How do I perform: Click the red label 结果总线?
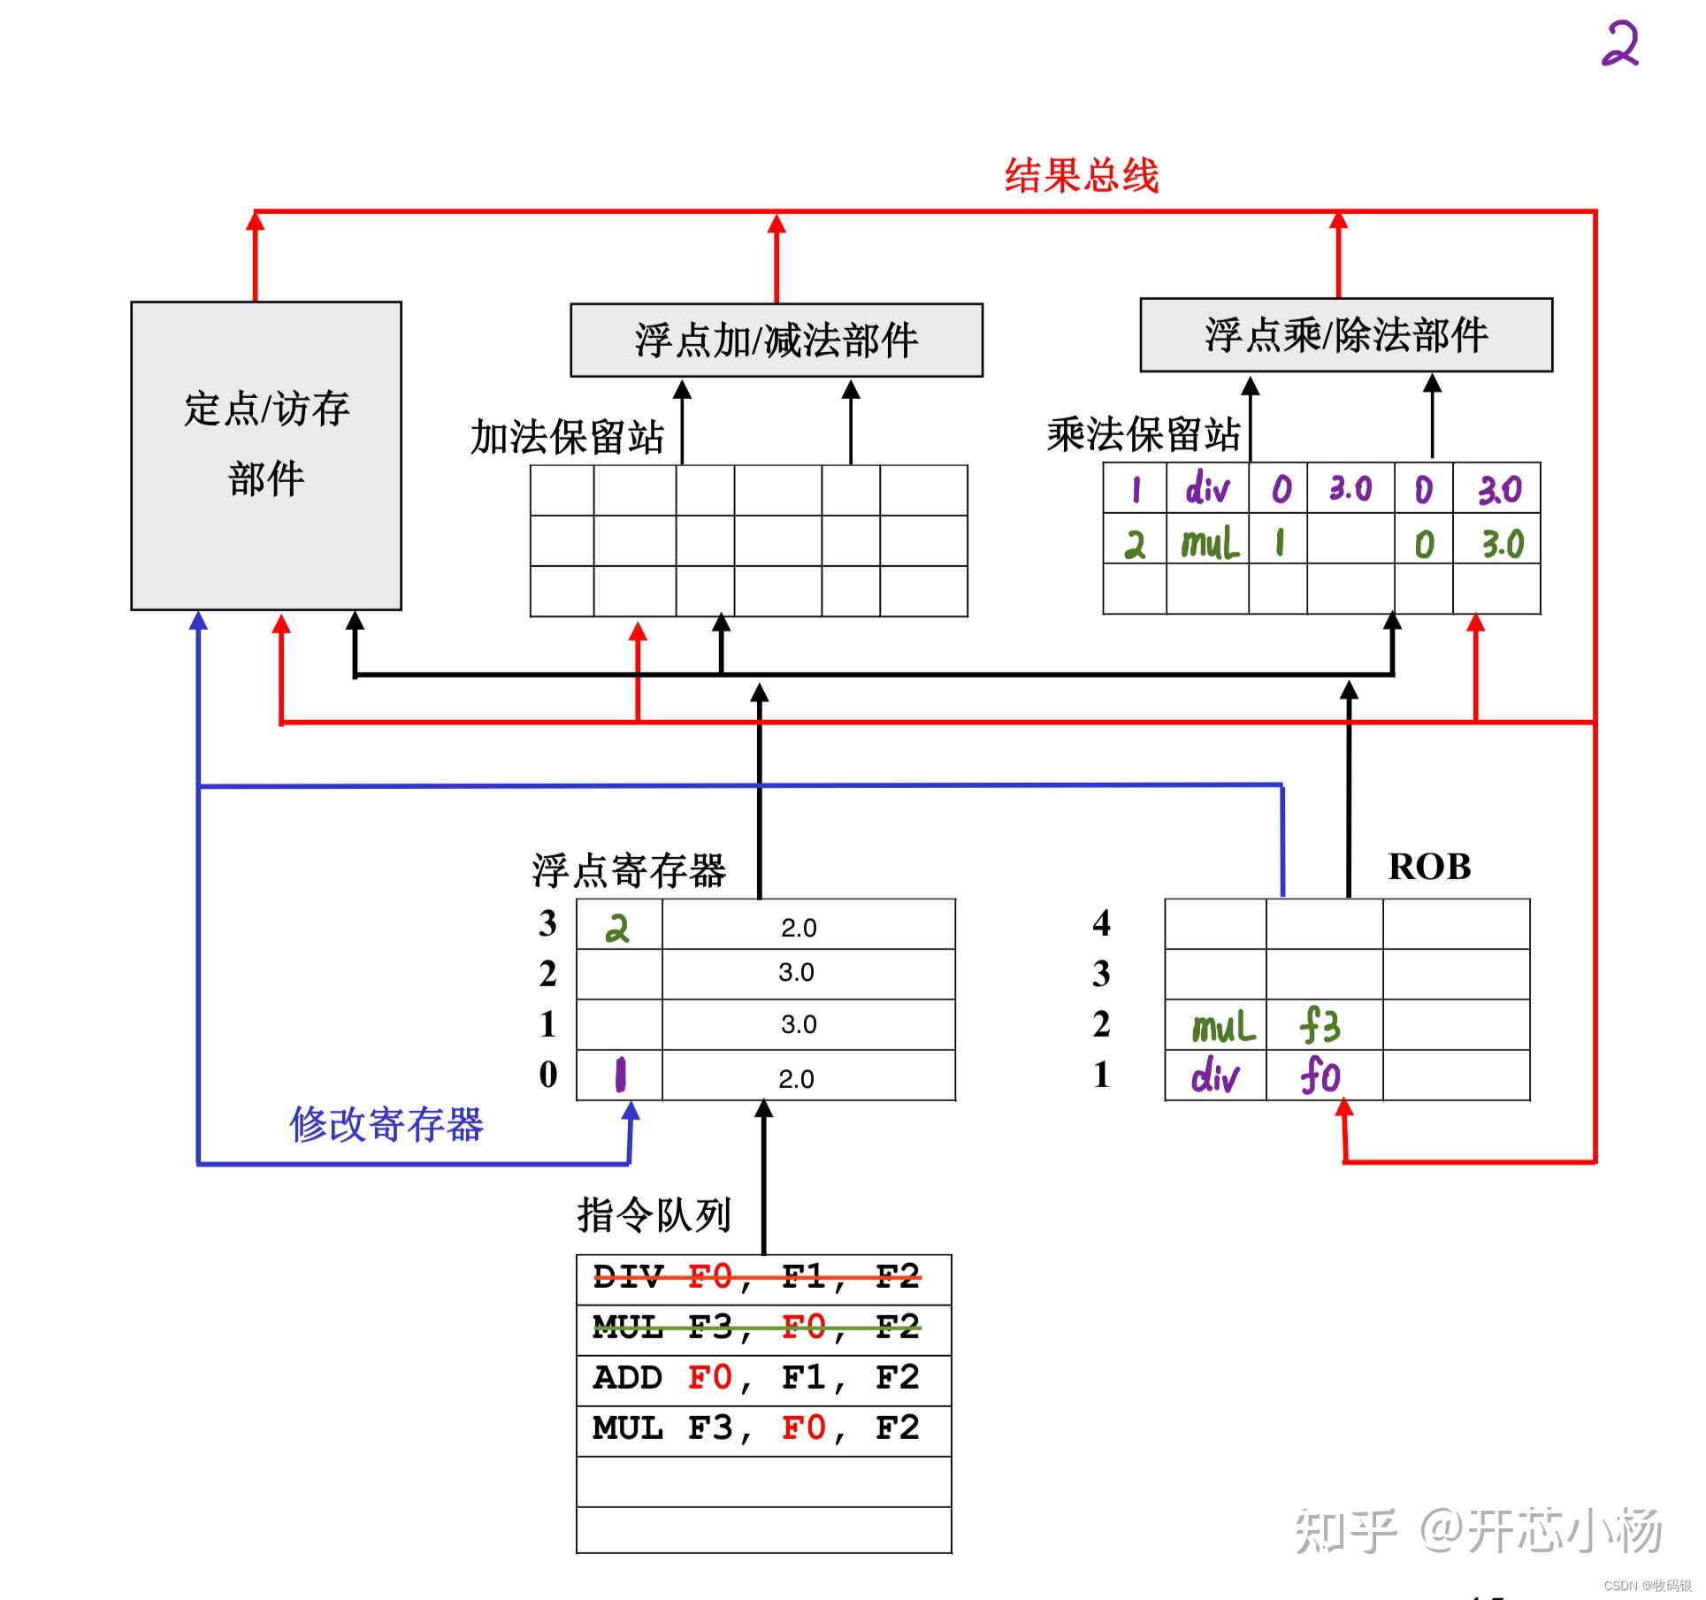pyautogui.click(x=1081, y=175)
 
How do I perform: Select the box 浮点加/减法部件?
pyautogui.click(x=776, y=341)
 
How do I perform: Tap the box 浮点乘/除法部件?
pyautogui.click(x=1345, y=335)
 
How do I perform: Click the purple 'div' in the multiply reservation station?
pyautogui.click(x=1207, y=488)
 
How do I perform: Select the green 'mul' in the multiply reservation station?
pyautogui.click(x=1209, y=543)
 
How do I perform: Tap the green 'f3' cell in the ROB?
pyautogui.click(x=1320, y=1026)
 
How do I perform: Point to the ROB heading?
pyautogui.click(x=1429, y=867)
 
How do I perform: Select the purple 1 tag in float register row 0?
pyautogui.click(x=620, y=1076)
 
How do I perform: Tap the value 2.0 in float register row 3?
pyautogui.click(x=799, y=928)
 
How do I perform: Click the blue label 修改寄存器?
pyautogui.click(x=386, y=1125)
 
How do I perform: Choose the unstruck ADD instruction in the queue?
pyautogui.click(x=756, y=1378)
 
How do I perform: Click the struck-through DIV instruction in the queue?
pyautogui.click(x=756, y=1277)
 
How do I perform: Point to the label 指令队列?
pyautogui.click(x=654, y=1215)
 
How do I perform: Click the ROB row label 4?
pyautogui.click(x=1101, y=923)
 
